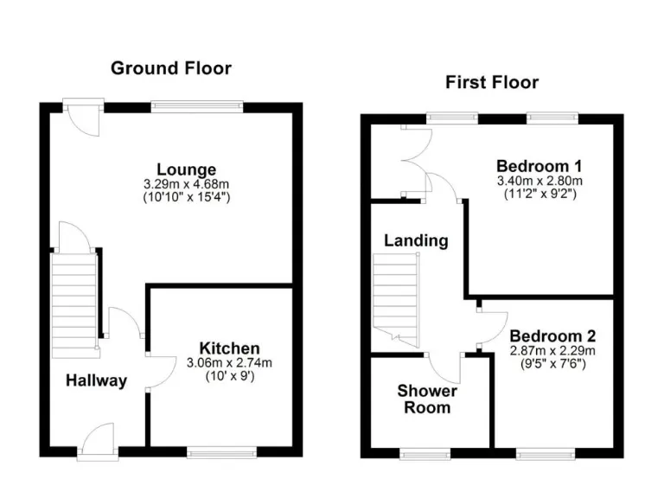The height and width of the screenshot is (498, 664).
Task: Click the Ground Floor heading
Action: coord(170,68)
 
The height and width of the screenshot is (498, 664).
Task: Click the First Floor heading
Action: coord(491,83)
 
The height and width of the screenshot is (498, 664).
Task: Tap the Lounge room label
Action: coord(186,169)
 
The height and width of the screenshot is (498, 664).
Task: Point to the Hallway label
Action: coord(97,380)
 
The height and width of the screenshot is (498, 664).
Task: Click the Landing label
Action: coord(416,240)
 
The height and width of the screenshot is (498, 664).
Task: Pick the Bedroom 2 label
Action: coord(552,335)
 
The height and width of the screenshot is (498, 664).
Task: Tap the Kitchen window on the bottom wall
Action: coord(221,451)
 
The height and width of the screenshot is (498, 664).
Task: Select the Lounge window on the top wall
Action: coord(196,106)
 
